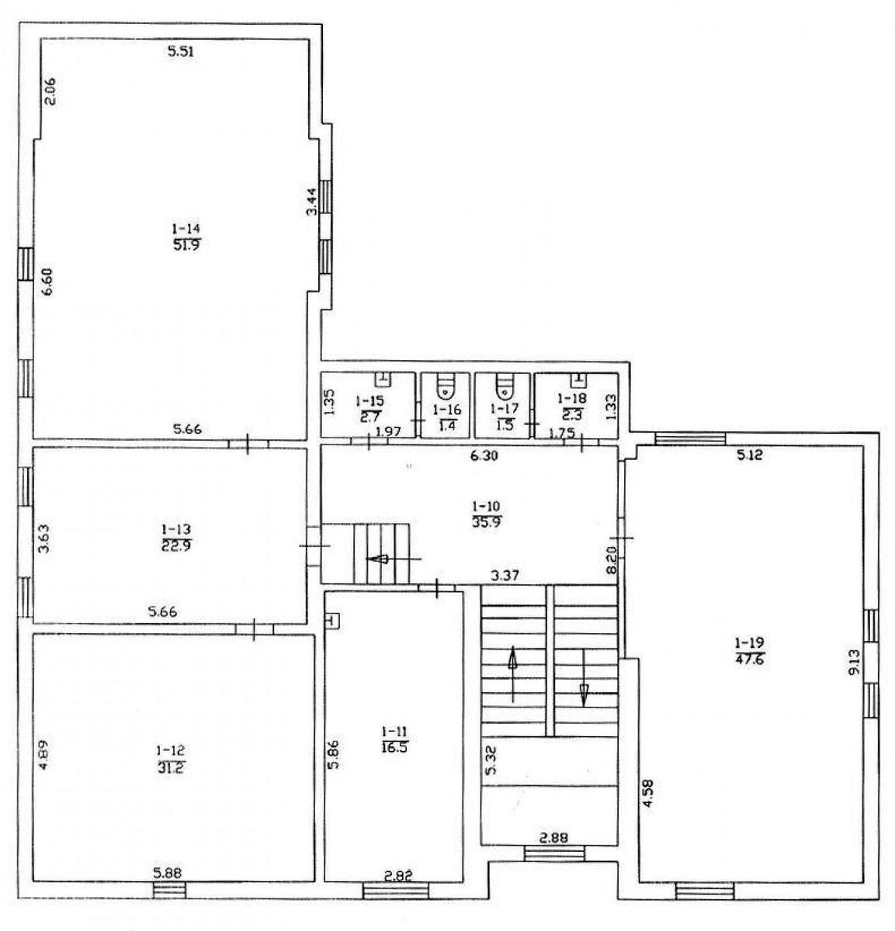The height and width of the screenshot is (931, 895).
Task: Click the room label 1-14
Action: click(186, 228)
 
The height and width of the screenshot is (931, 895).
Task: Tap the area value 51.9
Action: click(186, 245)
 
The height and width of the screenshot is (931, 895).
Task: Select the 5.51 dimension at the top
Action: click(180, 51)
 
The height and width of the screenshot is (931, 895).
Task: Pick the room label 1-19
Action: click(750, 642)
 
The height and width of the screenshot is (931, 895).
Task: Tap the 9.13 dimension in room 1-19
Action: click(853, 662)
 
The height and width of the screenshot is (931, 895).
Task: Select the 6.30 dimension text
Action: click(484, 455)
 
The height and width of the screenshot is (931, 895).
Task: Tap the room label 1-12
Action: click(171, 749)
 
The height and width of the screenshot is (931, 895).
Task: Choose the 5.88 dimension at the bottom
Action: click(168, 873)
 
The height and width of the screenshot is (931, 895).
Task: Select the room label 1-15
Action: click(370, 400)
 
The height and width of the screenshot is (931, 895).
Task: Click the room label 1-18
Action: click(572, 397)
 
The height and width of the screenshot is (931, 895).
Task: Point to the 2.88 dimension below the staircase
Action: click(553, 838)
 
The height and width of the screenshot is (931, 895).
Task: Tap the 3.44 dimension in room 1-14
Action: click(311, 202)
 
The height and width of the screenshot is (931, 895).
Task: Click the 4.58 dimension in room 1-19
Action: click(648, 794)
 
